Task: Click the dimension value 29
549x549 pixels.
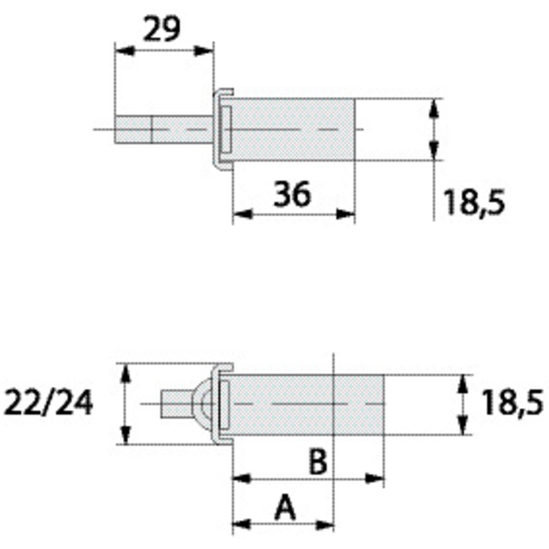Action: [x=161, y=29]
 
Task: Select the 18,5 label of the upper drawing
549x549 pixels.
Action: [x=474, y=202]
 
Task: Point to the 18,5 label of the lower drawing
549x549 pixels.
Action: [x=512, y=403]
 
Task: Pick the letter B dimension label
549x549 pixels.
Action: [x=318, y=462]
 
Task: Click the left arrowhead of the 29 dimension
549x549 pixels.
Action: [x=123, y=51]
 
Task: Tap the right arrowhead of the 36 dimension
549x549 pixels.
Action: [x=346, y=214]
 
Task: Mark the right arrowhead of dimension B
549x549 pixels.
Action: [x=375, y=478]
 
